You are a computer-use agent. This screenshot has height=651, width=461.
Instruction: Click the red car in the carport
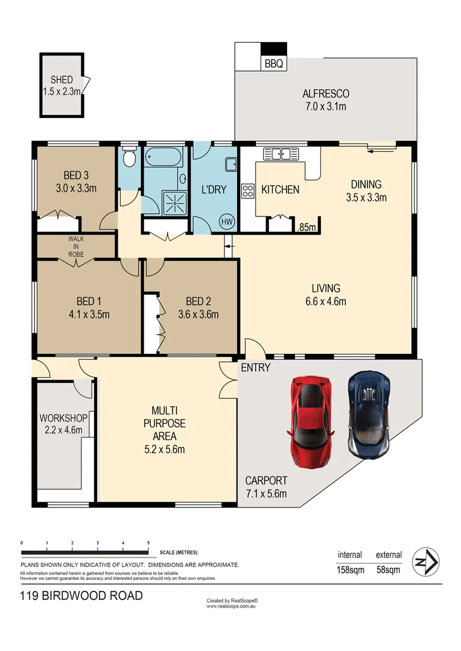point(311,422)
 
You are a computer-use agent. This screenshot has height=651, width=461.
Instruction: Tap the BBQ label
point(274,63)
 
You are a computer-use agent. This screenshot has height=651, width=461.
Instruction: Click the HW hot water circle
point(227,221)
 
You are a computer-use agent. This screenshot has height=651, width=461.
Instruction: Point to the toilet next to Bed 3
point(129,158)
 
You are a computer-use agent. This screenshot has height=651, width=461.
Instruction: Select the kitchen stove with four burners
point(247,190)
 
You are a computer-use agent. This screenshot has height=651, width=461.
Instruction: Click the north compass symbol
point(426,562)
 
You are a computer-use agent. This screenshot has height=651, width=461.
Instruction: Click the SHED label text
point(62,80)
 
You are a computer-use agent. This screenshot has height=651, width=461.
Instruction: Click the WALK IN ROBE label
point(75,247)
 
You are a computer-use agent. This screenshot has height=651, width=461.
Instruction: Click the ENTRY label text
point(255,367)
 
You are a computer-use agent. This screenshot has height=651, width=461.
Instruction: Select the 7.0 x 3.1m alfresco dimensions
point(326,106)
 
